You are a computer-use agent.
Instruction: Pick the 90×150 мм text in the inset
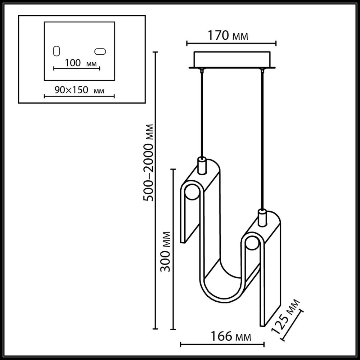click(x=79, y=90)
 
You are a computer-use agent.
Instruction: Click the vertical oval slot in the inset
click(x=56, y=51)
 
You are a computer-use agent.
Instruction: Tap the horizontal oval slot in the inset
click(x=100, y=52)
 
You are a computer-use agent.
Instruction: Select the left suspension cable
click(x=202, y=114)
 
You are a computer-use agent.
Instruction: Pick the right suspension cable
click(x=262, y=138)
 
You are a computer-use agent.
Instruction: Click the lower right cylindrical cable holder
click(x=262, y=218)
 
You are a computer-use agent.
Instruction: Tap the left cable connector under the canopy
click(x=202, y=71)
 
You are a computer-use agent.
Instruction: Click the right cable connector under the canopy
click(x=262, y=71)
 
